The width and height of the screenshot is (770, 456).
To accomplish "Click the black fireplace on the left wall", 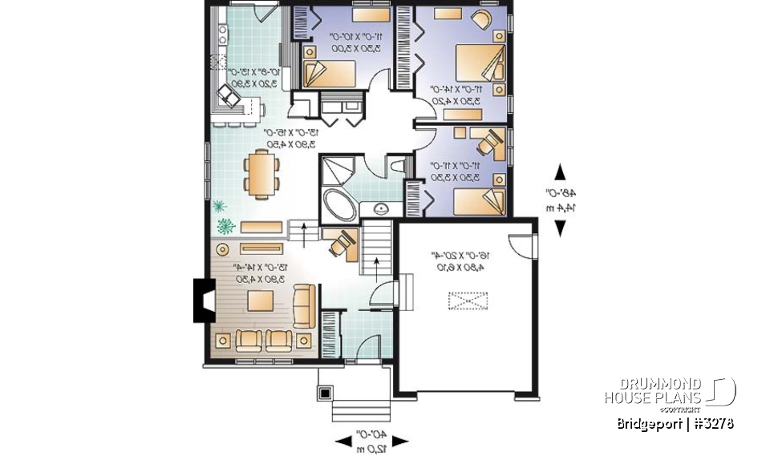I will click(x=201, y=301).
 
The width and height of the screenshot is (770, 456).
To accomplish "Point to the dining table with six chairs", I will click(x=261, y=173).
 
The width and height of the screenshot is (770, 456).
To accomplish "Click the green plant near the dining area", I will click(x=224, y=222).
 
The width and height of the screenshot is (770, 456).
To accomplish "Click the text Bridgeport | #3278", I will click(x=675, y=423).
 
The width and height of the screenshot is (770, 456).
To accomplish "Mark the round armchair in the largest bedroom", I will click(x=484, y=19).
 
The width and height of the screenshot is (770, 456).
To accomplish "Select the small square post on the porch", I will click(x=326, y=393).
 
